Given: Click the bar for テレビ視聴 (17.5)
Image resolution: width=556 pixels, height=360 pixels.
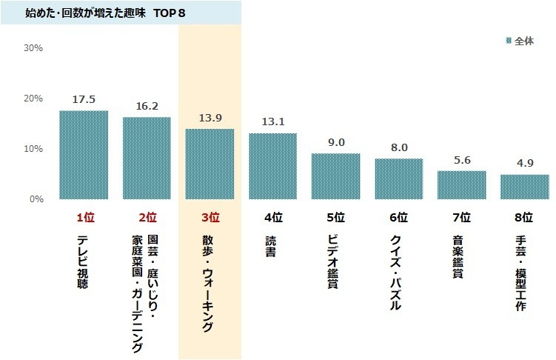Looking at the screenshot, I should (84, 155).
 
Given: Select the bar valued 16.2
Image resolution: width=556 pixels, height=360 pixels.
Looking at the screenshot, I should (147, 159).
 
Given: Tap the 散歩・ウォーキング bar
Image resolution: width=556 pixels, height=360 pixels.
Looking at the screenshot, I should (210, 164).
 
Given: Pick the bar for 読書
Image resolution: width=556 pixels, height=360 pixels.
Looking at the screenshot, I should (272, 166).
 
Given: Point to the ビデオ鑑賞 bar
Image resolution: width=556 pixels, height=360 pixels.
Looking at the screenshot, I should (335, 176).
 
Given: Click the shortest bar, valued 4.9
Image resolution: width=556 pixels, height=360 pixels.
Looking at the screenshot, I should (524, 187).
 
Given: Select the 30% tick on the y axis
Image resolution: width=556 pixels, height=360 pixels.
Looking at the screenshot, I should (34, 48).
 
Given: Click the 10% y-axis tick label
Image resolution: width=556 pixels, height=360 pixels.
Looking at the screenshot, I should (34, 149).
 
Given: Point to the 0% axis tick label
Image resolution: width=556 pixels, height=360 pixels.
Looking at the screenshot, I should (36, 199).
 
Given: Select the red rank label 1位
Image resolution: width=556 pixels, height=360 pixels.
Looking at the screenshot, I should (84, 218).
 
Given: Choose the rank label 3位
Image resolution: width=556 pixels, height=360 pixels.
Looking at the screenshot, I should (210, 218).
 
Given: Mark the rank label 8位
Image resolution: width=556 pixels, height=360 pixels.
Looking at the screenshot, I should (524, 218).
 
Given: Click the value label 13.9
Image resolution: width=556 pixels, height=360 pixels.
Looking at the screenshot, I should (210, 118).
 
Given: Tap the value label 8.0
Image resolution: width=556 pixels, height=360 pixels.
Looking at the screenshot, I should (399, 147).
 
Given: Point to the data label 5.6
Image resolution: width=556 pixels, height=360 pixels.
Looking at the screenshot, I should (461, 159).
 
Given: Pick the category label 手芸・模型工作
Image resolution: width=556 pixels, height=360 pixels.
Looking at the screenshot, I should (524, 272).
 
